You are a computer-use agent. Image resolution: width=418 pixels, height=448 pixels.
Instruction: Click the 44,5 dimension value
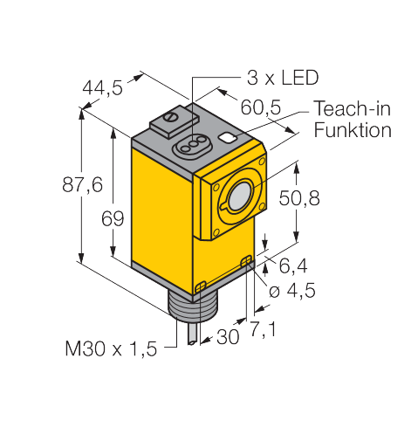click(102, 87)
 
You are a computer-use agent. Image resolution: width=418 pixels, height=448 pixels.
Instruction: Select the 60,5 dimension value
click(261, 107)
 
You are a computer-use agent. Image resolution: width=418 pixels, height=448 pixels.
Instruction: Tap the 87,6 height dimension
click(82, 184)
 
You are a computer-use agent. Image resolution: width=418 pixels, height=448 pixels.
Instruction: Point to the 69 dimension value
click(113, 218)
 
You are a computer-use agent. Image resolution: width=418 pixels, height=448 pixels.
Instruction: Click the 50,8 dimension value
click(299, 198)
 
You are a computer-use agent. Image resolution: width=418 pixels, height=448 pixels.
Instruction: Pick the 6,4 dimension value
click(293, 266)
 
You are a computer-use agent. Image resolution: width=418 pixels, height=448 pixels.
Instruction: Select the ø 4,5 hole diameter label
click(291, 291)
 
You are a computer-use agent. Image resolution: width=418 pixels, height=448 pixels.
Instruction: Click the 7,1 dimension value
click(263, 329)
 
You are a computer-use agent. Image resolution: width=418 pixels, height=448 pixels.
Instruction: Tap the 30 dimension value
click(228, 337)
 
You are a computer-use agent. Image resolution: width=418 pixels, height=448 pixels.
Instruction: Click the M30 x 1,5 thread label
click(111, 348)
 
